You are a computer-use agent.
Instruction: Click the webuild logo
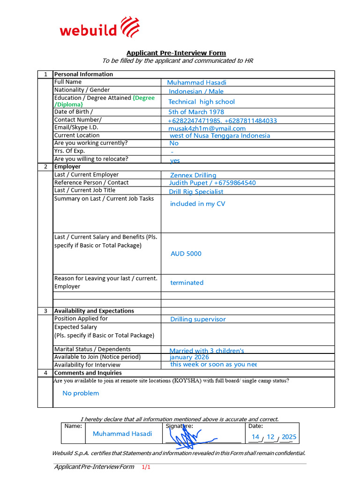(x=99, y=28)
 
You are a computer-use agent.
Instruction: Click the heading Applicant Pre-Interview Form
(x=176, y=53)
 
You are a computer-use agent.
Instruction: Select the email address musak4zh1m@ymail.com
(x=207, y=128)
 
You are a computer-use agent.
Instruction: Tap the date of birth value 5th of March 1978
(x=196, y=112)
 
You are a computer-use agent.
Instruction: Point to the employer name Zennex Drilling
(x=193, y=175)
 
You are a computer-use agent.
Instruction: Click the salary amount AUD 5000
(x=186, y=254)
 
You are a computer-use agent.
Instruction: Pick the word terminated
(x=187, y=283)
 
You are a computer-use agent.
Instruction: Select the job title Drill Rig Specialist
(x=196, y=191)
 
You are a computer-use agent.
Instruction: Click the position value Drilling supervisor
(x=198, y=319)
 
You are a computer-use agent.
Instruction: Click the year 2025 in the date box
(x=289, y=437)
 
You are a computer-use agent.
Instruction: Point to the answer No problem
(x=81, y=393)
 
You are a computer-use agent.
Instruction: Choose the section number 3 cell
(x=45, y=311)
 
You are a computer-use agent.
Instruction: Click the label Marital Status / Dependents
(x=92, y=349)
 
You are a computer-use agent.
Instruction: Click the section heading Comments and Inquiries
(x=88, y=373)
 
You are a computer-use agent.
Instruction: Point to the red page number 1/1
(x=146, y=467)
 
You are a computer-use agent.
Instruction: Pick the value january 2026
(x=189, y=357)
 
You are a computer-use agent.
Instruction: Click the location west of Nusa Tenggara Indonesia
(x=219, y=135)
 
